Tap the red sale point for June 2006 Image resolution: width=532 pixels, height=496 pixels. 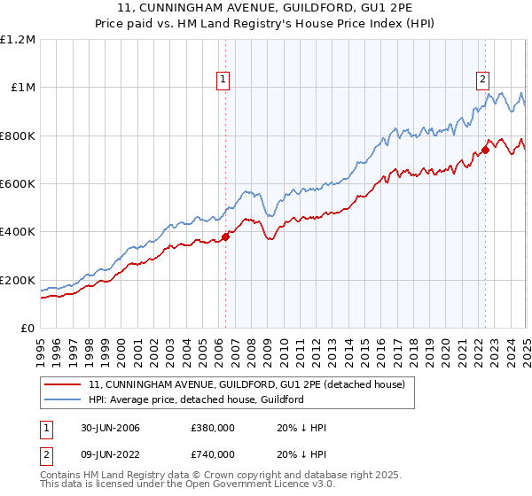click(225, 236)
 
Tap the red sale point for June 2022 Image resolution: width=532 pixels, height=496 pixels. click(486, 149)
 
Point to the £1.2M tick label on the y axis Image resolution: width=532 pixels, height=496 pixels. click(18, 39)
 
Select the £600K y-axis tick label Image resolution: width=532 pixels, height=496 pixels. click(18, 183)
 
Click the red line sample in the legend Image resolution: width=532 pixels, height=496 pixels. click(64, 384)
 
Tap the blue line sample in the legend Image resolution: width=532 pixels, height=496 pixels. click(64, 399)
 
